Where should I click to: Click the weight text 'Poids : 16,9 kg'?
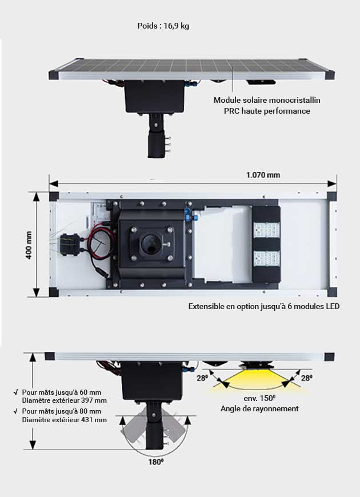163,26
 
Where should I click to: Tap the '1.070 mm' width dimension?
263,175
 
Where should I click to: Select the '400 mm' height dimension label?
29,245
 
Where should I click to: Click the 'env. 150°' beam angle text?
259,398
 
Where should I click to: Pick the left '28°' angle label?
201,378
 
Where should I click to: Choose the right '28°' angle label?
307,378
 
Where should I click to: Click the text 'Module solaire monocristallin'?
267,100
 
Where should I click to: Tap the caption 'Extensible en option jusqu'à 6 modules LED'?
264,306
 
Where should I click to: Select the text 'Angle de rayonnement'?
259,408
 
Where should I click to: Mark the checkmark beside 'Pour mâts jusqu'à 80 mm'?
14,411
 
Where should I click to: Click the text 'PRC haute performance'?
267,111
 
